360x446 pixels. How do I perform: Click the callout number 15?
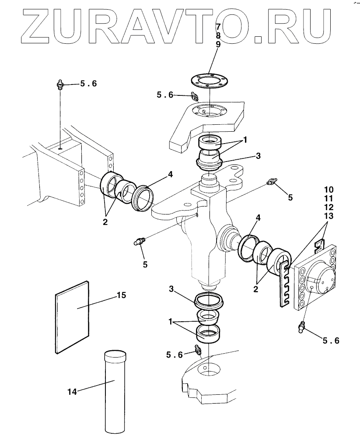click(121, 295)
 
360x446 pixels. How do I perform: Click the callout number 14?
click(72, 392)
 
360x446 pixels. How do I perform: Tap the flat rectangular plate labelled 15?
click(72, 317)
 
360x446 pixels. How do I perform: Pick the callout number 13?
click(329, 216)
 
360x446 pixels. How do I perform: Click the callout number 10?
click(329, 190)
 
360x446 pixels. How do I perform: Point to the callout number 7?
click(218, 27)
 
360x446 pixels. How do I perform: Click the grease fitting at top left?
click(60, 85)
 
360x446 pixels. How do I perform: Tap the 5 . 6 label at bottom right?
click(331, 341)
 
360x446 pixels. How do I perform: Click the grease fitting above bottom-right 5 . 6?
click(301, 327)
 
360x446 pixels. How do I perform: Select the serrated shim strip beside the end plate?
click(285, 284)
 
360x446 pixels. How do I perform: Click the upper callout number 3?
click(258, 156)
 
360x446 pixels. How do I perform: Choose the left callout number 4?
click(170, 174)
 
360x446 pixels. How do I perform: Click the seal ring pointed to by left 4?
click(143, 198)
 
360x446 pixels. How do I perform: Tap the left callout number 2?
click(105, 222)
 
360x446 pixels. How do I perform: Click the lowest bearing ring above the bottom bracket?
click(209, 334)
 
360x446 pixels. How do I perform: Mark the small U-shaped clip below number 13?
click(319, 244)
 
